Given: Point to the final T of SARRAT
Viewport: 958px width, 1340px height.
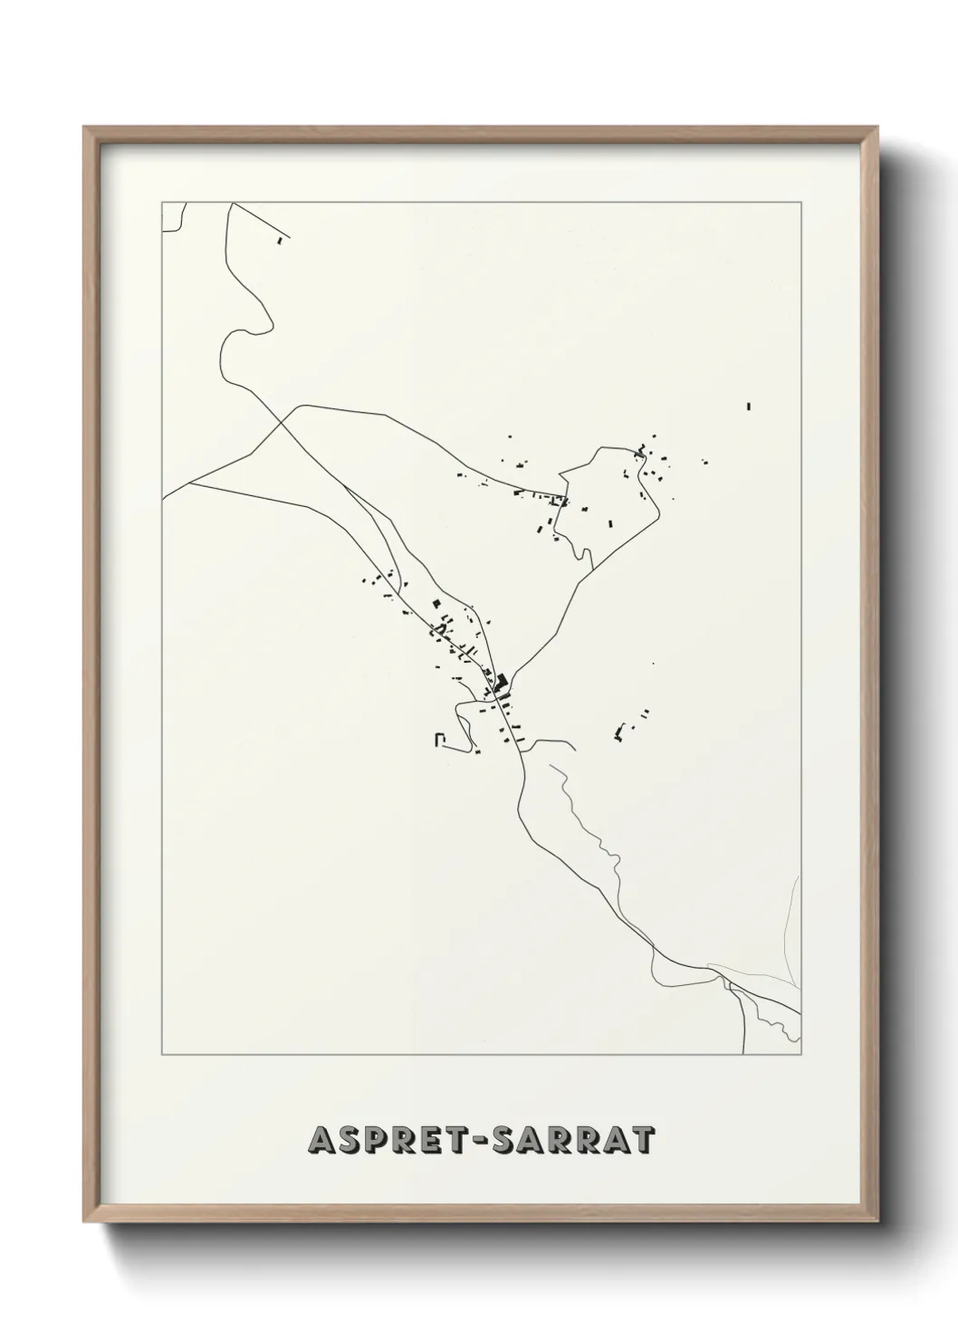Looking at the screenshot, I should tap(642, 1141).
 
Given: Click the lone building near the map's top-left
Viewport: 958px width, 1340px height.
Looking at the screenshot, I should tap(280, 241).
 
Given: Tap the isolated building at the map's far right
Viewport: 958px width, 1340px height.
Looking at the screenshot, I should tap(749, 406).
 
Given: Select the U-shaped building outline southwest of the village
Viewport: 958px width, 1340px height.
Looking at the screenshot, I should tap(441, 739).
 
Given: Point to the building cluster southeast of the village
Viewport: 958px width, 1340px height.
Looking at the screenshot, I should tap(622, 729).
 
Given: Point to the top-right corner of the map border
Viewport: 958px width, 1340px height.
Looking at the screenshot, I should tap(800, 202).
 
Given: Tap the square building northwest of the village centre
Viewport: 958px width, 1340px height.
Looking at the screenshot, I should tap(436, 603).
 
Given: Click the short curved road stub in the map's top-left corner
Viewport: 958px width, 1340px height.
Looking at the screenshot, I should tap(177, 221).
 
